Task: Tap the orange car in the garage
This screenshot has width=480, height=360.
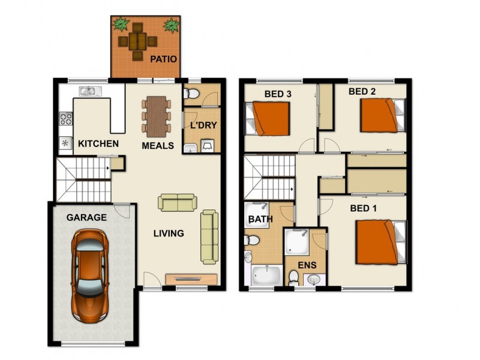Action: coord(90,276)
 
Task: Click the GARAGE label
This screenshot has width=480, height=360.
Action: coord(86,217)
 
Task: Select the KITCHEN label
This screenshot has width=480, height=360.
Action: coord(98,144)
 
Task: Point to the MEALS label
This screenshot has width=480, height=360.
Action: coord(158,145)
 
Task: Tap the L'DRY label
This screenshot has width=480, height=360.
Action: coord(203,125)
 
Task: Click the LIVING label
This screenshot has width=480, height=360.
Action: coord(168,233)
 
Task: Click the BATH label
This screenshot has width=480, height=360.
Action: coord(260,219)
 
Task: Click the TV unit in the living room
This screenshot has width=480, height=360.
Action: coord(191,278)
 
